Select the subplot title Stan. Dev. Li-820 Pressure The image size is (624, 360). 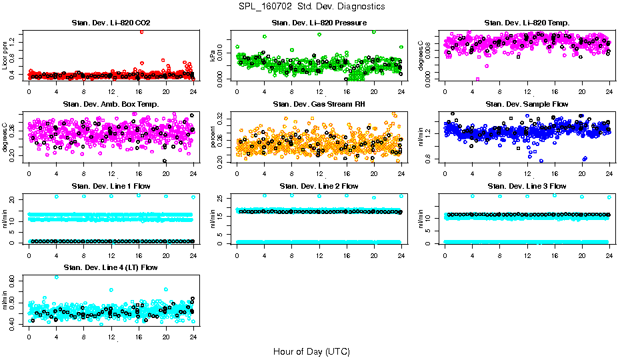[x=319, y=23]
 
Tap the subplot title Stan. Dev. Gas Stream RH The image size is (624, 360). [x=319, y=105]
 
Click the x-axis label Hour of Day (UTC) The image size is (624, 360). [x=311, y=351]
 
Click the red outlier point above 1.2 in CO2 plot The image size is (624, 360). [x=141, y=31]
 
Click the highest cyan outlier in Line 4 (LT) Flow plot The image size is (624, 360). [x=56, y=277]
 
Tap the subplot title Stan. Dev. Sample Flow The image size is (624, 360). [x=527, y=105]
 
